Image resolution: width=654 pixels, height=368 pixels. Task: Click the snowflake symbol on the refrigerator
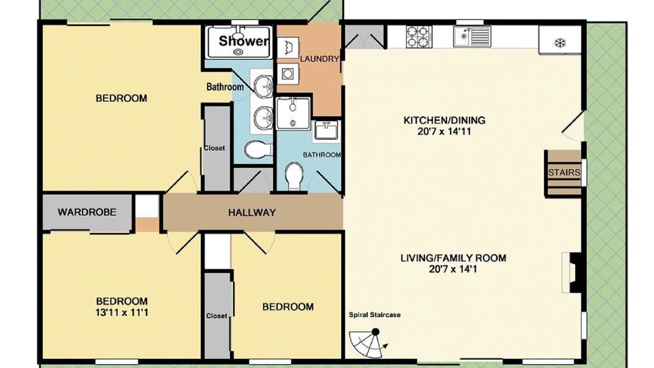559,43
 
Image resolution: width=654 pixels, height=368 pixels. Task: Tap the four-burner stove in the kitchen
419,37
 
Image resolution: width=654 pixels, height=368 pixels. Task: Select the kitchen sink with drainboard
472,36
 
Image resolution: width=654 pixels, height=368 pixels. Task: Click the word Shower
243,41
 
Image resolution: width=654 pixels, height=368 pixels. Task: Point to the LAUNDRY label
319,59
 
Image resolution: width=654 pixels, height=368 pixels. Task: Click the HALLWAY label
252,213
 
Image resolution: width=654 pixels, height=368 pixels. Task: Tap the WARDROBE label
87,212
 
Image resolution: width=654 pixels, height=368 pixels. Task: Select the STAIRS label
564,173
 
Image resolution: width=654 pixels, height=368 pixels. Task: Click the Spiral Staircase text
375,315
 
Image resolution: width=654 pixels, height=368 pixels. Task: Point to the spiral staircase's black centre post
376,332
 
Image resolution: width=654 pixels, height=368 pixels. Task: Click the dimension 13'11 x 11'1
122,313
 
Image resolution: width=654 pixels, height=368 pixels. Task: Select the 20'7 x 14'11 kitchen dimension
444,131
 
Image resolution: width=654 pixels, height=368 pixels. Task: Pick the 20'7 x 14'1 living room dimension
453,269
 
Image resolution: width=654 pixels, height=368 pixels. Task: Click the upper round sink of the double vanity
263,86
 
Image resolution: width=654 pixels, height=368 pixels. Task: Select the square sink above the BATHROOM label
326,131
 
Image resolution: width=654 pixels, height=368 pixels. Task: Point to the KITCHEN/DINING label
444,120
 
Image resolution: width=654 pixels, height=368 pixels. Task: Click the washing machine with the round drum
288,74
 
